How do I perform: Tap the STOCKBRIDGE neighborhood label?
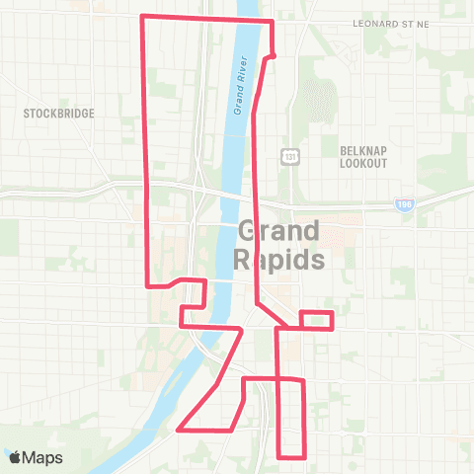coord(59,114)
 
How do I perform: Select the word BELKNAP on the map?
coord(362,149)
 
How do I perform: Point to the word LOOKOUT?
coord(362,163)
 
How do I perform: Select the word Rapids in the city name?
coord(279,261)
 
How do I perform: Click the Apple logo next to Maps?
coord(15,457)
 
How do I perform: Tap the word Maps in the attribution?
coord(43,457)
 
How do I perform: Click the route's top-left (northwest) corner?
coord(144,17)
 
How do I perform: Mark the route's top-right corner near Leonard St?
coord(272,21)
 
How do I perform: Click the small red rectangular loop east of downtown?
coord(316,320)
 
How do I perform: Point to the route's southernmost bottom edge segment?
coord(290,457)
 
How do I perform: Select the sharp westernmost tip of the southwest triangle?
coord(179,430)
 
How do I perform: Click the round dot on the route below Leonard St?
coord(273,54)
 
